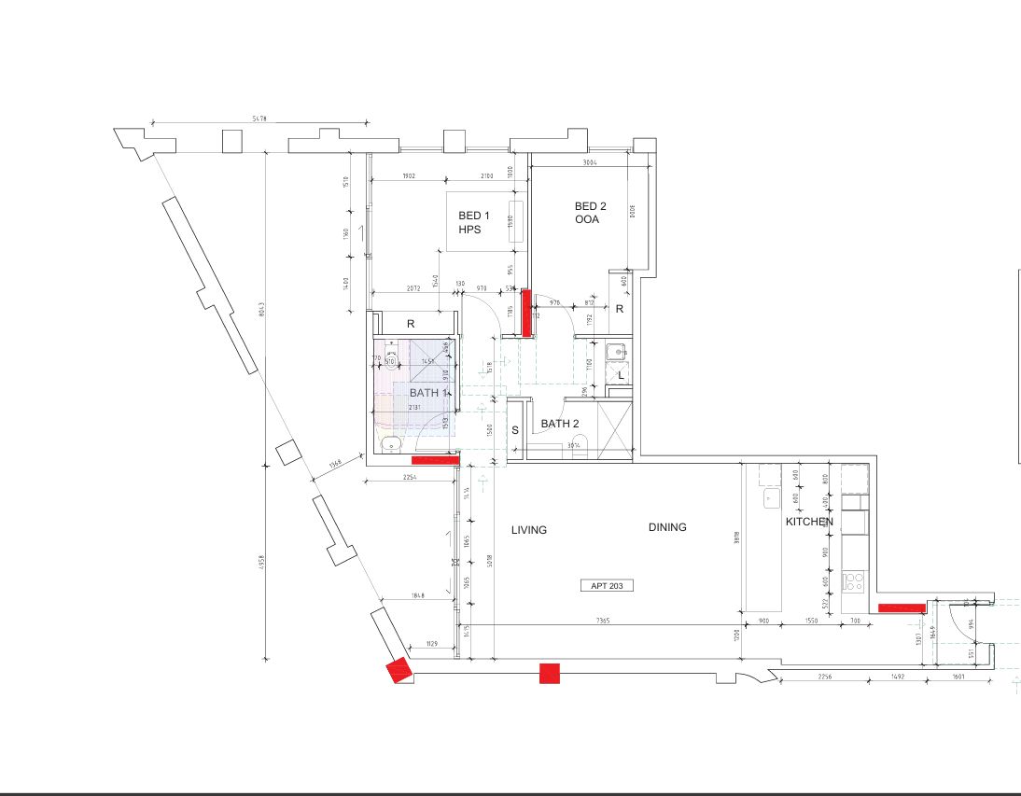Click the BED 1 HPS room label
pyautogui.click(x=474, y=222)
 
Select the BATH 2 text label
pyautogui.click(x=560, y=424)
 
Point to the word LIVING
pyautogui.click(x=529, y=530)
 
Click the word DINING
pyautogui.click(x=667, y=527)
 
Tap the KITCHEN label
pyautogui.click(x=808, y=523)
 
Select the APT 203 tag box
pyautogui.click(x=607, y=586)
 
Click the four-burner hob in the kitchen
pyautogui.click(x=853, y=582)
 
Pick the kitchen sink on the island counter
pyautogui.click(x=771, y=498)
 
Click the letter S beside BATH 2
pyautogui.click(x=514, y=431)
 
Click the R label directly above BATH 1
pyautogui.click(x=411, y=324)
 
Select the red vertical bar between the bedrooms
pyautogui.click(x=526, y=313)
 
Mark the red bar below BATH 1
pyautogui.click(x=435, y=459)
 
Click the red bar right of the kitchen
pyautogui.click(x=902, y=608)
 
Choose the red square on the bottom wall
pyautogui.click(x=550, y=673)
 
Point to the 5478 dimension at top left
pyautogui.click(x=259, y=119)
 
